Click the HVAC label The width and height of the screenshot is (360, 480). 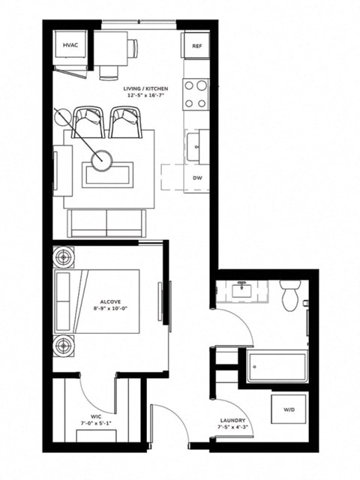pos(69,45)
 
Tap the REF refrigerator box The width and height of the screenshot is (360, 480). pos(196,46)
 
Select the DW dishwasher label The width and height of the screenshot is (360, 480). pos(197,178)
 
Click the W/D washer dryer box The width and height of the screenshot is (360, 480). pos(288,410)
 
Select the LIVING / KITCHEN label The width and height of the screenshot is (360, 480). pos(146,89)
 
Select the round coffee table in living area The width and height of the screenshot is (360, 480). pos(101,159)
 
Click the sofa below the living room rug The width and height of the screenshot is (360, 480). pos(106,223)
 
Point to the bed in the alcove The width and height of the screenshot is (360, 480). pos(97,301)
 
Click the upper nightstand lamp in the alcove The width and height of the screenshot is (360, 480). pos(63,257)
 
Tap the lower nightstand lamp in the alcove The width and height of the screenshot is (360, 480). pos(63,346)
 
